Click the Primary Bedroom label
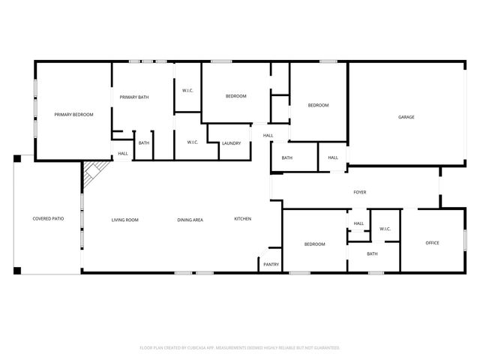73,115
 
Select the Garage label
406,117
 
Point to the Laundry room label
231,143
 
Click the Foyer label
360,193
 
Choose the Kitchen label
242,219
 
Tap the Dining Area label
190,220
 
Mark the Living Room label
124,220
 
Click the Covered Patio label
46,219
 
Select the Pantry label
270,264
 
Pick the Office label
432,243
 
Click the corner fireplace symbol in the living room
91,174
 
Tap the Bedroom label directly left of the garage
318,105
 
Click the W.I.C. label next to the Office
385,229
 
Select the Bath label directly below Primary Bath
143,143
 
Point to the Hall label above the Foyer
333,157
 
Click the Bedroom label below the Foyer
314,244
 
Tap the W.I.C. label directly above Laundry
187,91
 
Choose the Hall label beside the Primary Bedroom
122,154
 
